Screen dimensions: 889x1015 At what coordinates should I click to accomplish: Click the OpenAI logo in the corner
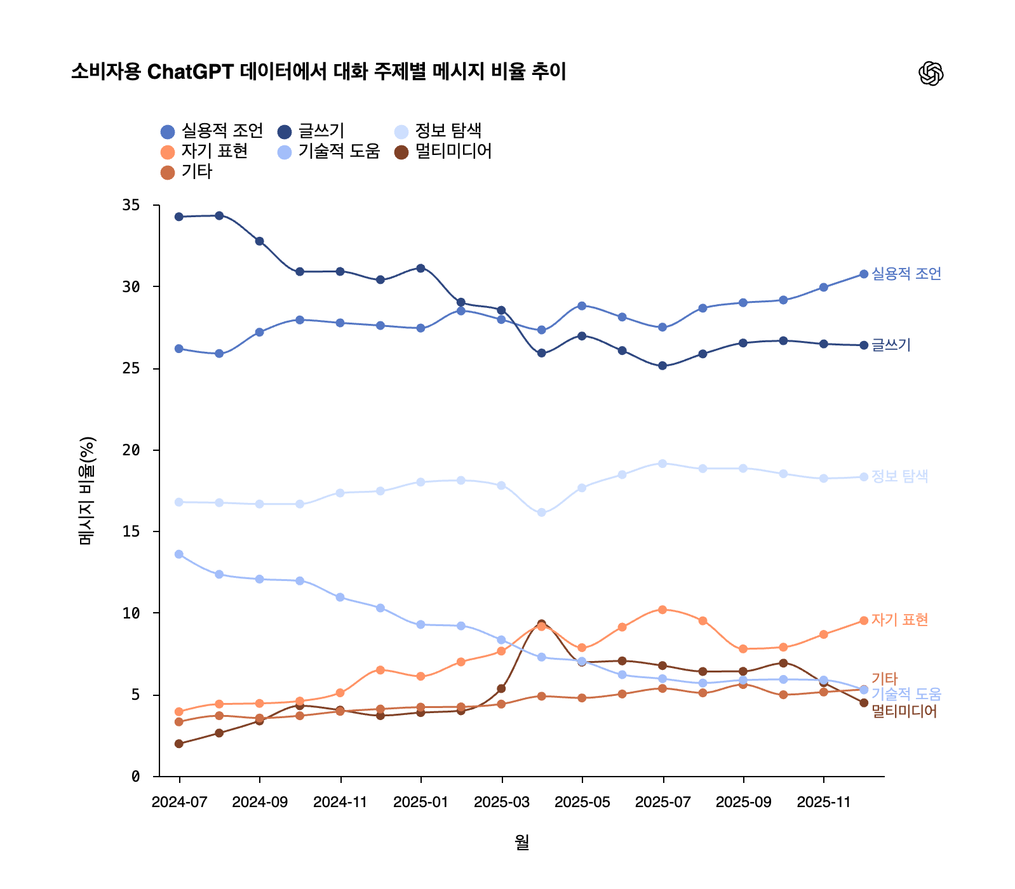[x=931, y=74]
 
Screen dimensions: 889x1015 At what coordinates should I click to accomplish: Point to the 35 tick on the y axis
[x=131, y=205]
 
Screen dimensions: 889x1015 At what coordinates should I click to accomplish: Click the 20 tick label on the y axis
[x=131, y=450]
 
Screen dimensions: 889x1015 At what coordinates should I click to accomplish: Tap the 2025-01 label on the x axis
[x=420, y=802]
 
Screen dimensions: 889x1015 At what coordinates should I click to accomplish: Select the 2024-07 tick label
[x=179, y=802]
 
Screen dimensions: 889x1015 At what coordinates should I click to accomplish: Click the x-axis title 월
[x=521, y=842]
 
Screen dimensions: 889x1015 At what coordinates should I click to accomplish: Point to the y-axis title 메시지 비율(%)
[x=86, y=490]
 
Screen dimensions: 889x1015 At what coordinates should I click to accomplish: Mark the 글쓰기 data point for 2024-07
[x=179, y=217]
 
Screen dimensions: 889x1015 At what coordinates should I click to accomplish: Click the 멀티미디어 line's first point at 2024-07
[x=179, y=744]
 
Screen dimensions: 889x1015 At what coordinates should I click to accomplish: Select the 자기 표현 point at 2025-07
[x=662, y=610]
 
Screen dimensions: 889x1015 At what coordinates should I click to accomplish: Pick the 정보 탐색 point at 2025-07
[x=662, y=464]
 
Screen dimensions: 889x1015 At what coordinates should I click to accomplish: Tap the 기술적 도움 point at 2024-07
[x=179, y=554]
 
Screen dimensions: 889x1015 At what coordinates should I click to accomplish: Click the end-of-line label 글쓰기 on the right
[x=891, y=345]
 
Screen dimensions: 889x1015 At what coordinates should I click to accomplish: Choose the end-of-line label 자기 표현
[x=899, y=620]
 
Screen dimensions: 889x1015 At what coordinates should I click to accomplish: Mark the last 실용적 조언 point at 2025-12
[x=864, y=274]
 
